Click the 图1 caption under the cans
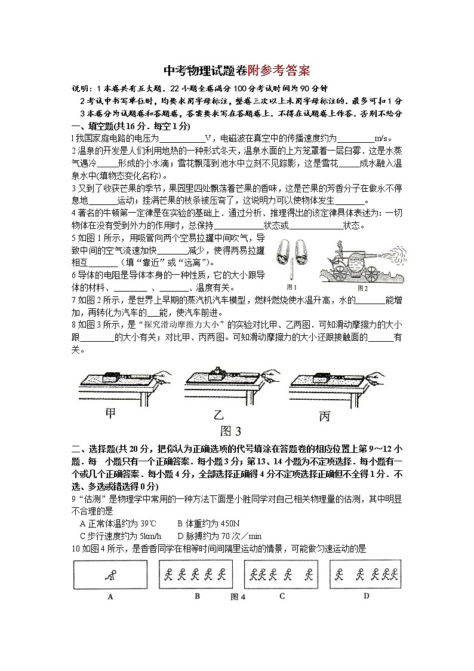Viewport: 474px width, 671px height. click(292, 287)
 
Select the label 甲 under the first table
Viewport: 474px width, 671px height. click(111, 413)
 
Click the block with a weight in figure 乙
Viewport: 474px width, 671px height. click(216, 375)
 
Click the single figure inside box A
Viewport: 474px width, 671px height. click(109, 575)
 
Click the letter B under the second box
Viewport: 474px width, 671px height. click(197, 596)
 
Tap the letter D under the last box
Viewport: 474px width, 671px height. click(366, 595)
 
